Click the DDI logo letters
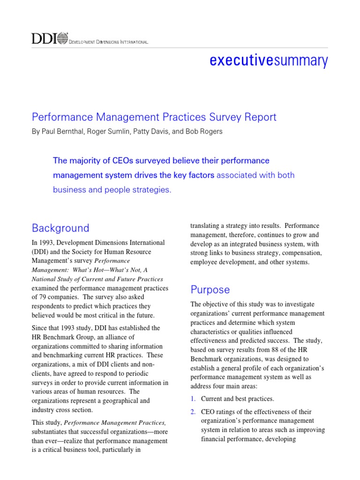[44, 38]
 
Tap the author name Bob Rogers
[205, 132]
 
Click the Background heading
[60, 228]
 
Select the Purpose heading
[210, 289]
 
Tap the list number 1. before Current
[193, 399]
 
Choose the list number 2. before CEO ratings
[193, 412]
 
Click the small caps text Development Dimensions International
[109, 43]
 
